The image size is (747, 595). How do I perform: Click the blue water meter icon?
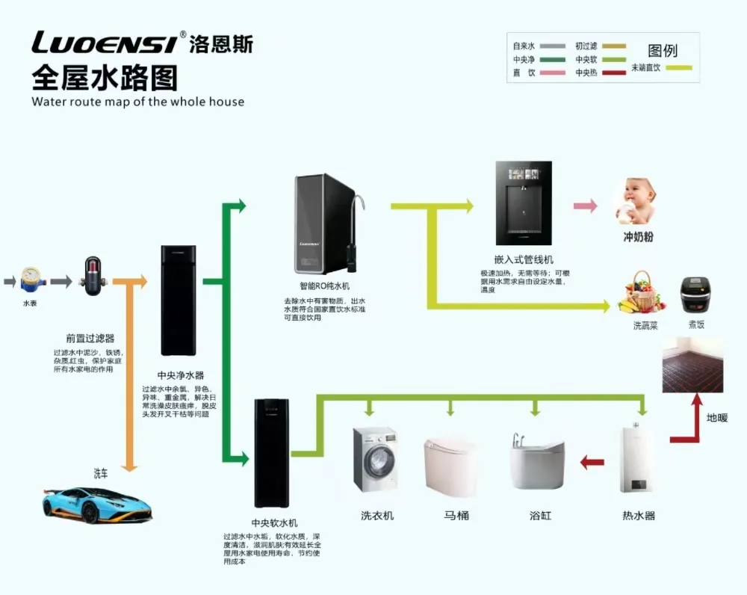31,280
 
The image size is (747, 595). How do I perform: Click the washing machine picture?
375,459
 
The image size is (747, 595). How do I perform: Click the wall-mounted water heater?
636,460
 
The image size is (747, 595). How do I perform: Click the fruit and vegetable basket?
643,293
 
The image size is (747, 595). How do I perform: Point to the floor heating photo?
692,364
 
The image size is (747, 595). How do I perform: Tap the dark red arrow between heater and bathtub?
592,463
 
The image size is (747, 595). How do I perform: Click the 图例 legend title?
662,51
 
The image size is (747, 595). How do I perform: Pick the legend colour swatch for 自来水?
551,46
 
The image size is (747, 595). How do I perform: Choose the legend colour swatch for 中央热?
614,73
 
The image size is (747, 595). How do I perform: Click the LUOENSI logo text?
105,44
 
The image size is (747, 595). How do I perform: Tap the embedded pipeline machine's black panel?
524,203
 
